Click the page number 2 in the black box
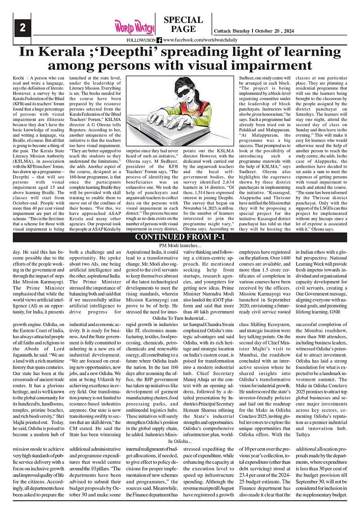(x=22, y=27)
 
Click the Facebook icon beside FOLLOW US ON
(x=159, y=40)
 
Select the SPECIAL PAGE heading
(x=184, y=25)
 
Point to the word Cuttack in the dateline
(x=222, y=31)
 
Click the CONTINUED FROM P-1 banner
(x=180, y=237)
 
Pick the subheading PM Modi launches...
(x=180, y=246)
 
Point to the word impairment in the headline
(x=266, y=65)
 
